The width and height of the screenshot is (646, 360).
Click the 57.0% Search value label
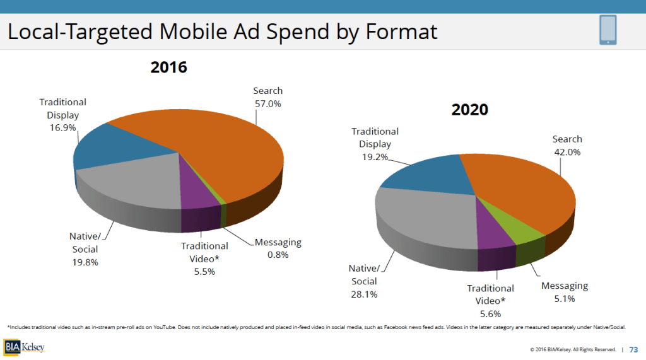click(268, 104)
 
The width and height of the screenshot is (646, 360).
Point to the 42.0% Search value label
click(567, 152)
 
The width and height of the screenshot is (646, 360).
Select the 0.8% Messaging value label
click(278, 255)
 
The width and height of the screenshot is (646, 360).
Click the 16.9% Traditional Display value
click(62, 127)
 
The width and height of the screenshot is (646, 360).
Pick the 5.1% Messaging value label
click(564, 299)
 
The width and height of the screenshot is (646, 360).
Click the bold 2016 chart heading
click(168, 67)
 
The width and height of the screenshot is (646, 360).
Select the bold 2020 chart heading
click(469, 109)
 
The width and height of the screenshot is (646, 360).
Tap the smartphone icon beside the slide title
click(608, 30)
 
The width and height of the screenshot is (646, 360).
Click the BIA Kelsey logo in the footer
click(25, 347)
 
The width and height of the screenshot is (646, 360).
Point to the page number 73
click(633, 349)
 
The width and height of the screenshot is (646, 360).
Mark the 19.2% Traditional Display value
click(375, 157)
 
